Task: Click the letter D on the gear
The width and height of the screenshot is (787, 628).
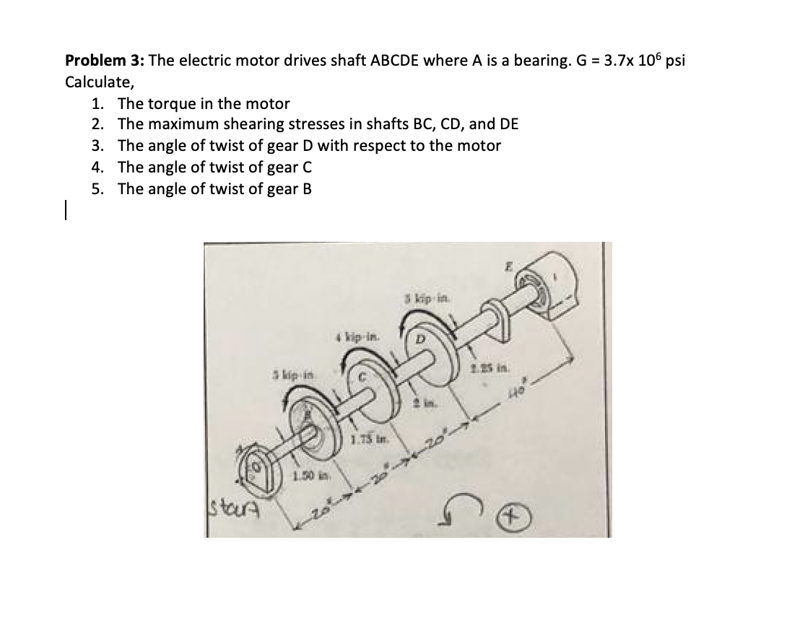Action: [417, 339]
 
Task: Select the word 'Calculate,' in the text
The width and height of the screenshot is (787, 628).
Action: [95, 82]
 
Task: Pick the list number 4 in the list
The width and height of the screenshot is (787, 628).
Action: [97, 167]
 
